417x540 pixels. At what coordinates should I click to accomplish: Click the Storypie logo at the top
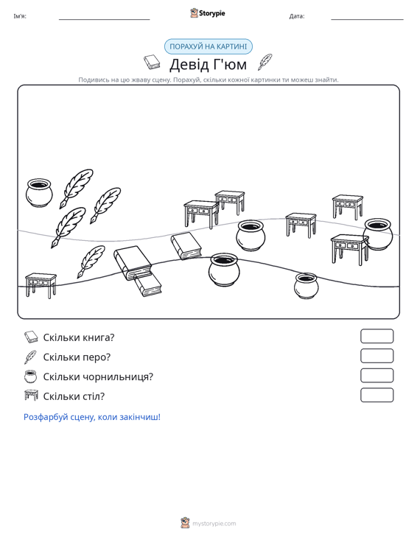coord(208,13)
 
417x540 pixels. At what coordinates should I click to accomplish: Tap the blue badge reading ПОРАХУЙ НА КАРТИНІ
coord(208,46)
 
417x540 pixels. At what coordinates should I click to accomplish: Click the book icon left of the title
coord(152,62)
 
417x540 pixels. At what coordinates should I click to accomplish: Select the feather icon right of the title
coord(264,62)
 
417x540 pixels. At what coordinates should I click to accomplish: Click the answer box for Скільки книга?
coord(376,336)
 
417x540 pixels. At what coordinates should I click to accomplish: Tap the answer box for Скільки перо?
coord(376,356)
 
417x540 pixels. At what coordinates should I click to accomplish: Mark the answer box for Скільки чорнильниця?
coord(376,376)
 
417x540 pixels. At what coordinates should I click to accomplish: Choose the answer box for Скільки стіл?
coord(376,395)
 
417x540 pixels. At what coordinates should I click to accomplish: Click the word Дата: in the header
coord(297,16)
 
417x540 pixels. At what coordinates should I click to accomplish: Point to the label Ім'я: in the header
coord(20,16)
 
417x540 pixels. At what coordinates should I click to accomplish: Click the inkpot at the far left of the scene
coord(39,192)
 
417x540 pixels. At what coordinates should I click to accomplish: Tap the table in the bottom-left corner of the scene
coord(41,286)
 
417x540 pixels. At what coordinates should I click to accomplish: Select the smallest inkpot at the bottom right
coord(306,286)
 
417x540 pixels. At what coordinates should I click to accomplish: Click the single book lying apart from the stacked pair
coord(186,246)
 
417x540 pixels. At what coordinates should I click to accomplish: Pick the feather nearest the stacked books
coord(91,262)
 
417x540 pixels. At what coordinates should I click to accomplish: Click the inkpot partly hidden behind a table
coord(378,234)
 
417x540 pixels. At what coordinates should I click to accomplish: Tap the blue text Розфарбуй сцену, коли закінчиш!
coord(92,417)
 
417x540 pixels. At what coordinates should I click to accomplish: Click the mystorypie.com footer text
coord(214,524)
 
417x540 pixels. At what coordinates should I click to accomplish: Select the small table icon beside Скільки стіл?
coord(31,396)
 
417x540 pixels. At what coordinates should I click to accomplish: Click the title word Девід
coord(189,64)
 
